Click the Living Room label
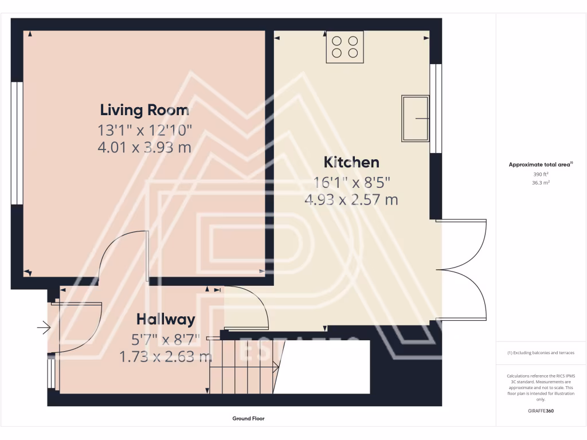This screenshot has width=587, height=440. [144, 109]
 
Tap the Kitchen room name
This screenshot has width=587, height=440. [351, 162]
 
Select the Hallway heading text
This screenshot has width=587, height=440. [165, 319]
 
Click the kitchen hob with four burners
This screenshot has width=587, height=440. [345, 47]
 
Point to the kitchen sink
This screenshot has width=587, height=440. [415, 118]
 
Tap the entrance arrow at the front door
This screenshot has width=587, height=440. [44, 328]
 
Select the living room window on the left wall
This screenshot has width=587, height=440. [17, 143]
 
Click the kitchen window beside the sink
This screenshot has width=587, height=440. [436, 109]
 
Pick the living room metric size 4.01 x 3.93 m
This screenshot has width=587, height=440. [144, 147]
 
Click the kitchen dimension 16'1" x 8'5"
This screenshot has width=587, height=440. [351, 183]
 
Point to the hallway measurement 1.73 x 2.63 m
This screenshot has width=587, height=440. [165, 357]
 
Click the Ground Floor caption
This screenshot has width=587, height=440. [248, 419]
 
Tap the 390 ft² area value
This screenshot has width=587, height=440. [541, 174]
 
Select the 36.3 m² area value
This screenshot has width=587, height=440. [541, 183]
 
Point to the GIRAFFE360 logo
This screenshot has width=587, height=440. [541, 411]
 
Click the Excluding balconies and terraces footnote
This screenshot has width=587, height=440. [541, 353]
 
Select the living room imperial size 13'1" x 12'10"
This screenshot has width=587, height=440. [144, 129]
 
